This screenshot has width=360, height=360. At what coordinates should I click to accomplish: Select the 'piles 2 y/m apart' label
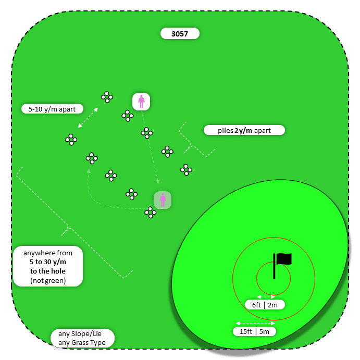244,130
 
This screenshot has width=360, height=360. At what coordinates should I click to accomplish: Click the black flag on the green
284,259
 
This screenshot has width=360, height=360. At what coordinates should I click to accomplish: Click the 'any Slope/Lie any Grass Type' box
82,338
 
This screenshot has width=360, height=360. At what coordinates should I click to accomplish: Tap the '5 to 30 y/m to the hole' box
47,267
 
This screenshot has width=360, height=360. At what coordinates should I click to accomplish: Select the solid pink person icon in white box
141,101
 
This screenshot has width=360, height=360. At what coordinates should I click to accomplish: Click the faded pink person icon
163,200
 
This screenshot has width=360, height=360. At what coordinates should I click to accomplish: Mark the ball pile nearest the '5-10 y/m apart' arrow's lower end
71,139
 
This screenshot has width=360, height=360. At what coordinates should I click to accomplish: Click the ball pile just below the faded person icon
150,212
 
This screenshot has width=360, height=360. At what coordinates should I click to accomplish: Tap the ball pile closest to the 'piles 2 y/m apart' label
167,152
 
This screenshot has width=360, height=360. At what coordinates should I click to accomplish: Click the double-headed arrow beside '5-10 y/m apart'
88,118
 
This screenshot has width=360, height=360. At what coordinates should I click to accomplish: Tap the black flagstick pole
274,266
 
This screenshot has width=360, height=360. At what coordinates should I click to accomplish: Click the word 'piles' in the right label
225,130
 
